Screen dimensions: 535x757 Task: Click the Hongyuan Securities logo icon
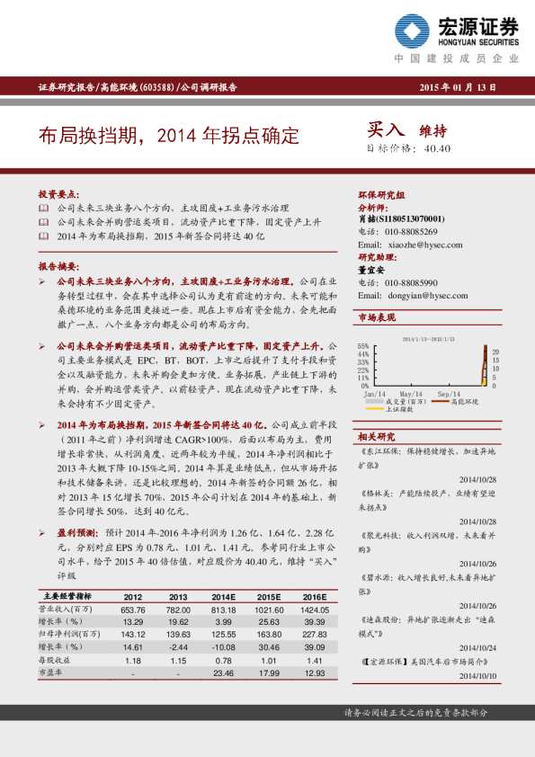(x=413, y=31)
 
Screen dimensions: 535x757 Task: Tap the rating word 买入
(x=386, y=130)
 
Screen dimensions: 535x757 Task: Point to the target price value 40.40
(x=436, y=149)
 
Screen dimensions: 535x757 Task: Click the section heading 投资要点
(x=58, y=194)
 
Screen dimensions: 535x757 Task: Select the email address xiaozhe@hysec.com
(x=424, y=244)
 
